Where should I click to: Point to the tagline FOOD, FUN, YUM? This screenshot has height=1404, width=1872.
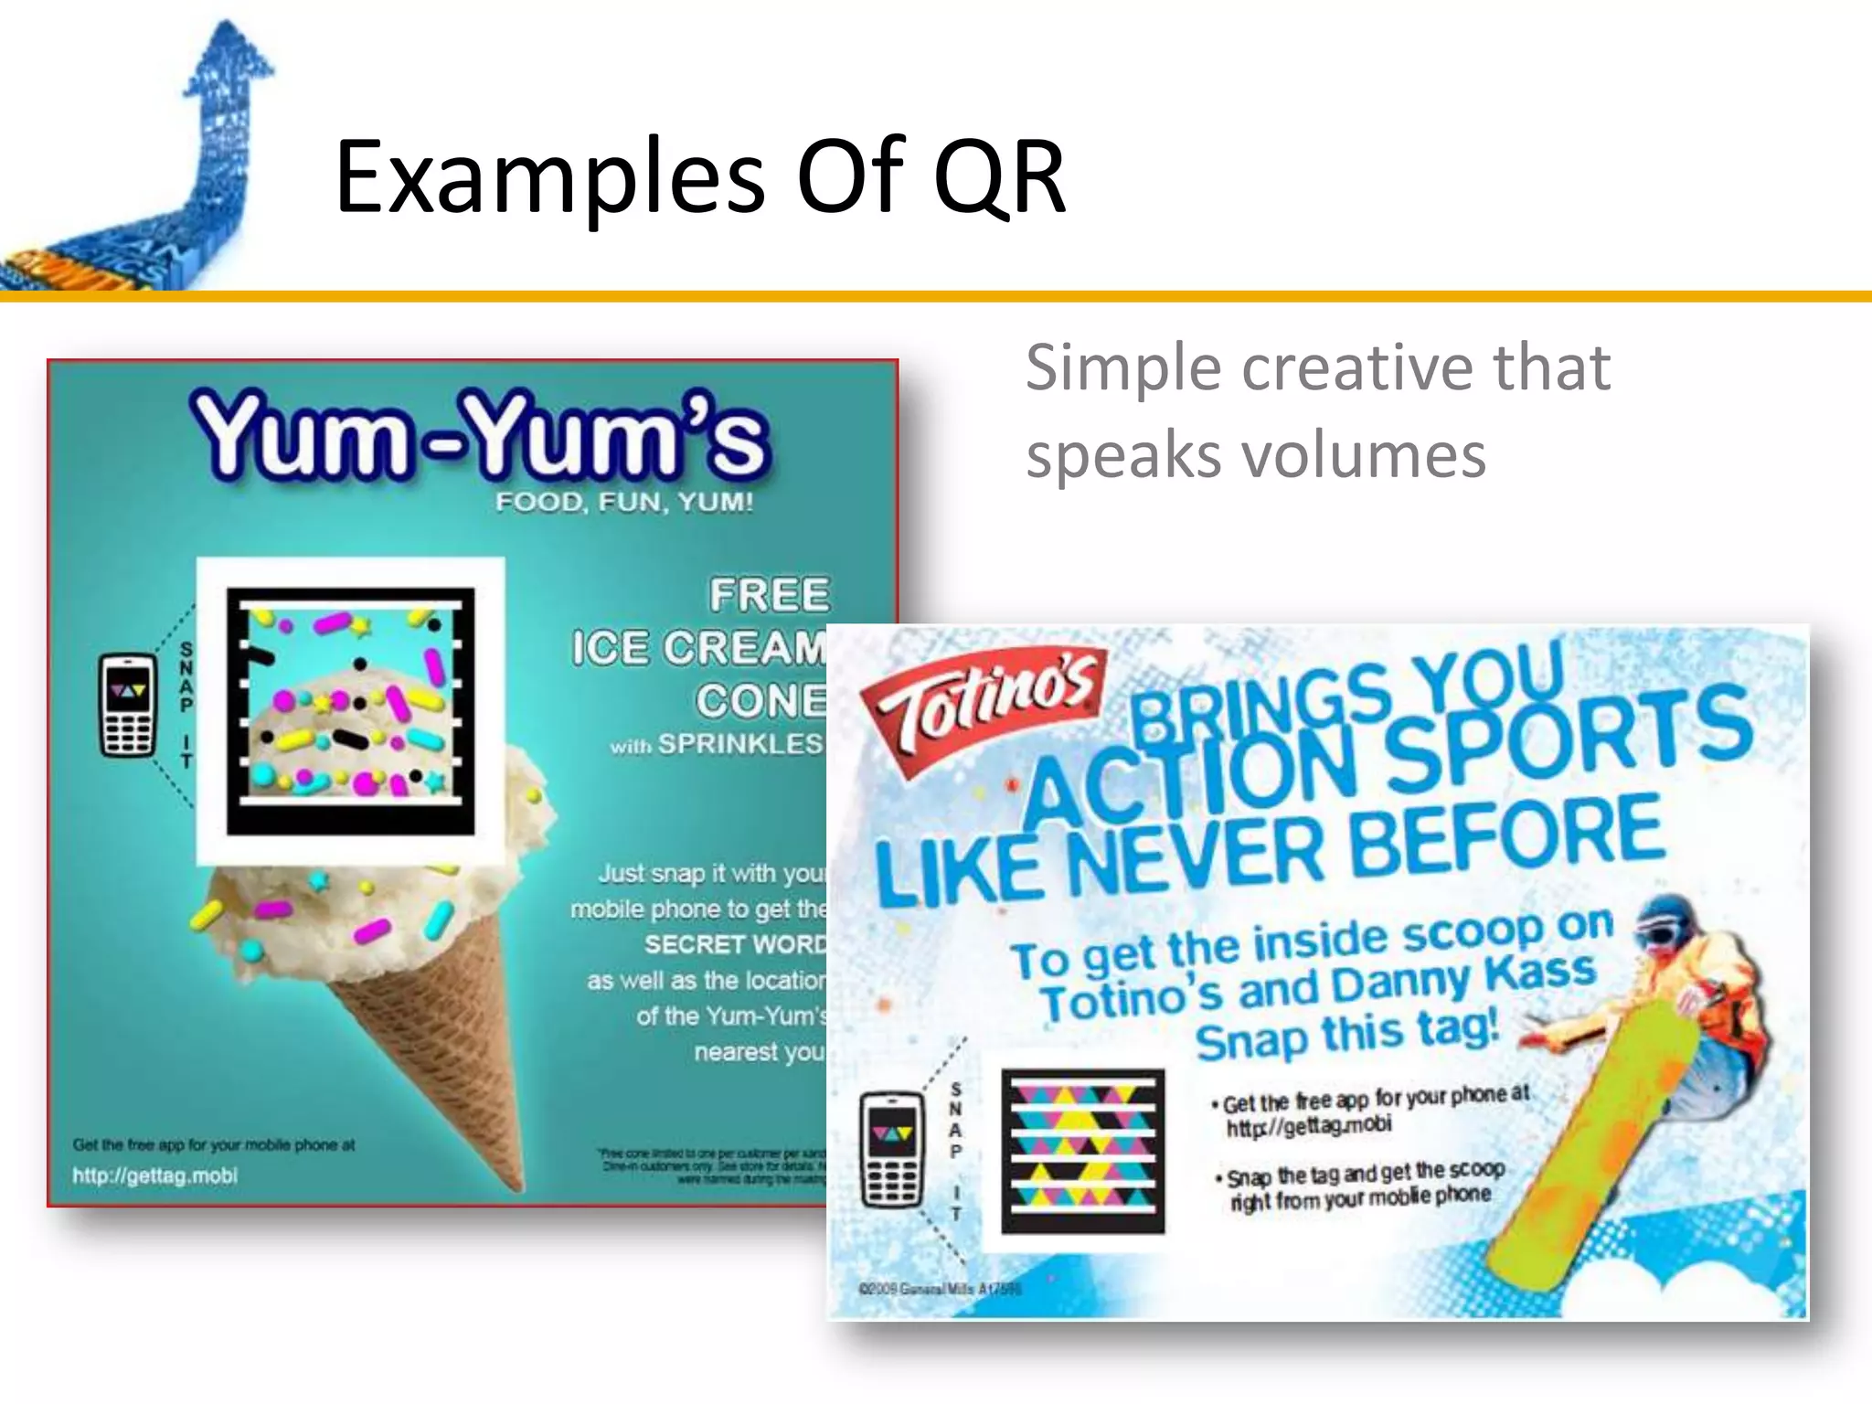624,502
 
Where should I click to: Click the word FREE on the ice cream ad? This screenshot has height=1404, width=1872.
770,595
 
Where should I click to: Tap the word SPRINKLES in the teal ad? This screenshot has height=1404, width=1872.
740,744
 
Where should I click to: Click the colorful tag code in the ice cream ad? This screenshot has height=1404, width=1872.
351,711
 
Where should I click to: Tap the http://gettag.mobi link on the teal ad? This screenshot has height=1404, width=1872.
155,1175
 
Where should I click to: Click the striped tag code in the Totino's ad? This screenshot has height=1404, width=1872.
1083,1150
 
